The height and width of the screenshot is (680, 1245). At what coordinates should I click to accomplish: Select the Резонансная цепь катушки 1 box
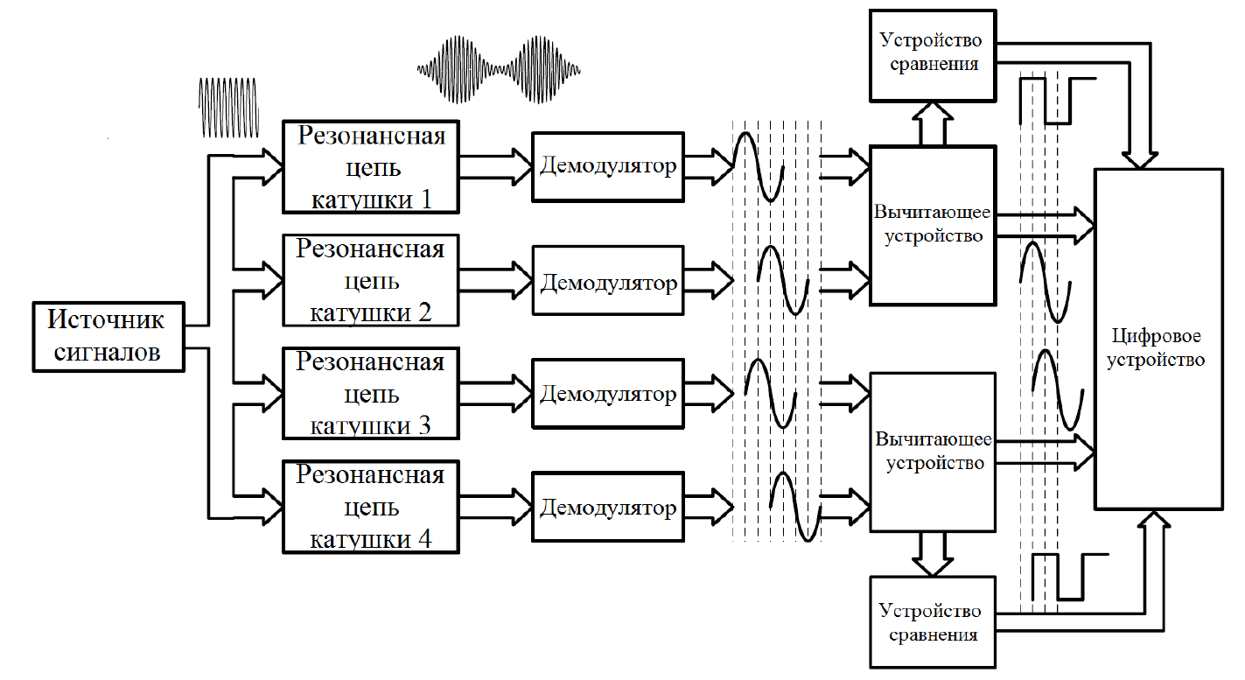[371, 167]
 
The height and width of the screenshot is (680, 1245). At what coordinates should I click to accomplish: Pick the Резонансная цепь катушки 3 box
[371, 393]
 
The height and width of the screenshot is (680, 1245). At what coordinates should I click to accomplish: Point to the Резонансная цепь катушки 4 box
[371, 507]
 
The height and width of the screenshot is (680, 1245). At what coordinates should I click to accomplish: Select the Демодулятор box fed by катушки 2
[608, 282]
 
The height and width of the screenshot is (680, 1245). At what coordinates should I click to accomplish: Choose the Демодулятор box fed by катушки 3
[608, 395]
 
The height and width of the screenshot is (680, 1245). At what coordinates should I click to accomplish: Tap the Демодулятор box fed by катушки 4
[608, 508]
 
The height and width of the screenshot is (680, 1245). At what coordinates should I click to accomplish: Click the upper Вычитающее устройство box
[933, 226]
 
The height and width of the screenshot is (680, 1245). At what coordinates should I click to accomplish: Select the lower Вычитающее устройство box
[933, 452]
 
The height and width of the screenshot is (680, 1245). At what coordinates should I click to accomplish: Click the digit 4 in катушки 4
[424, 536]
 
